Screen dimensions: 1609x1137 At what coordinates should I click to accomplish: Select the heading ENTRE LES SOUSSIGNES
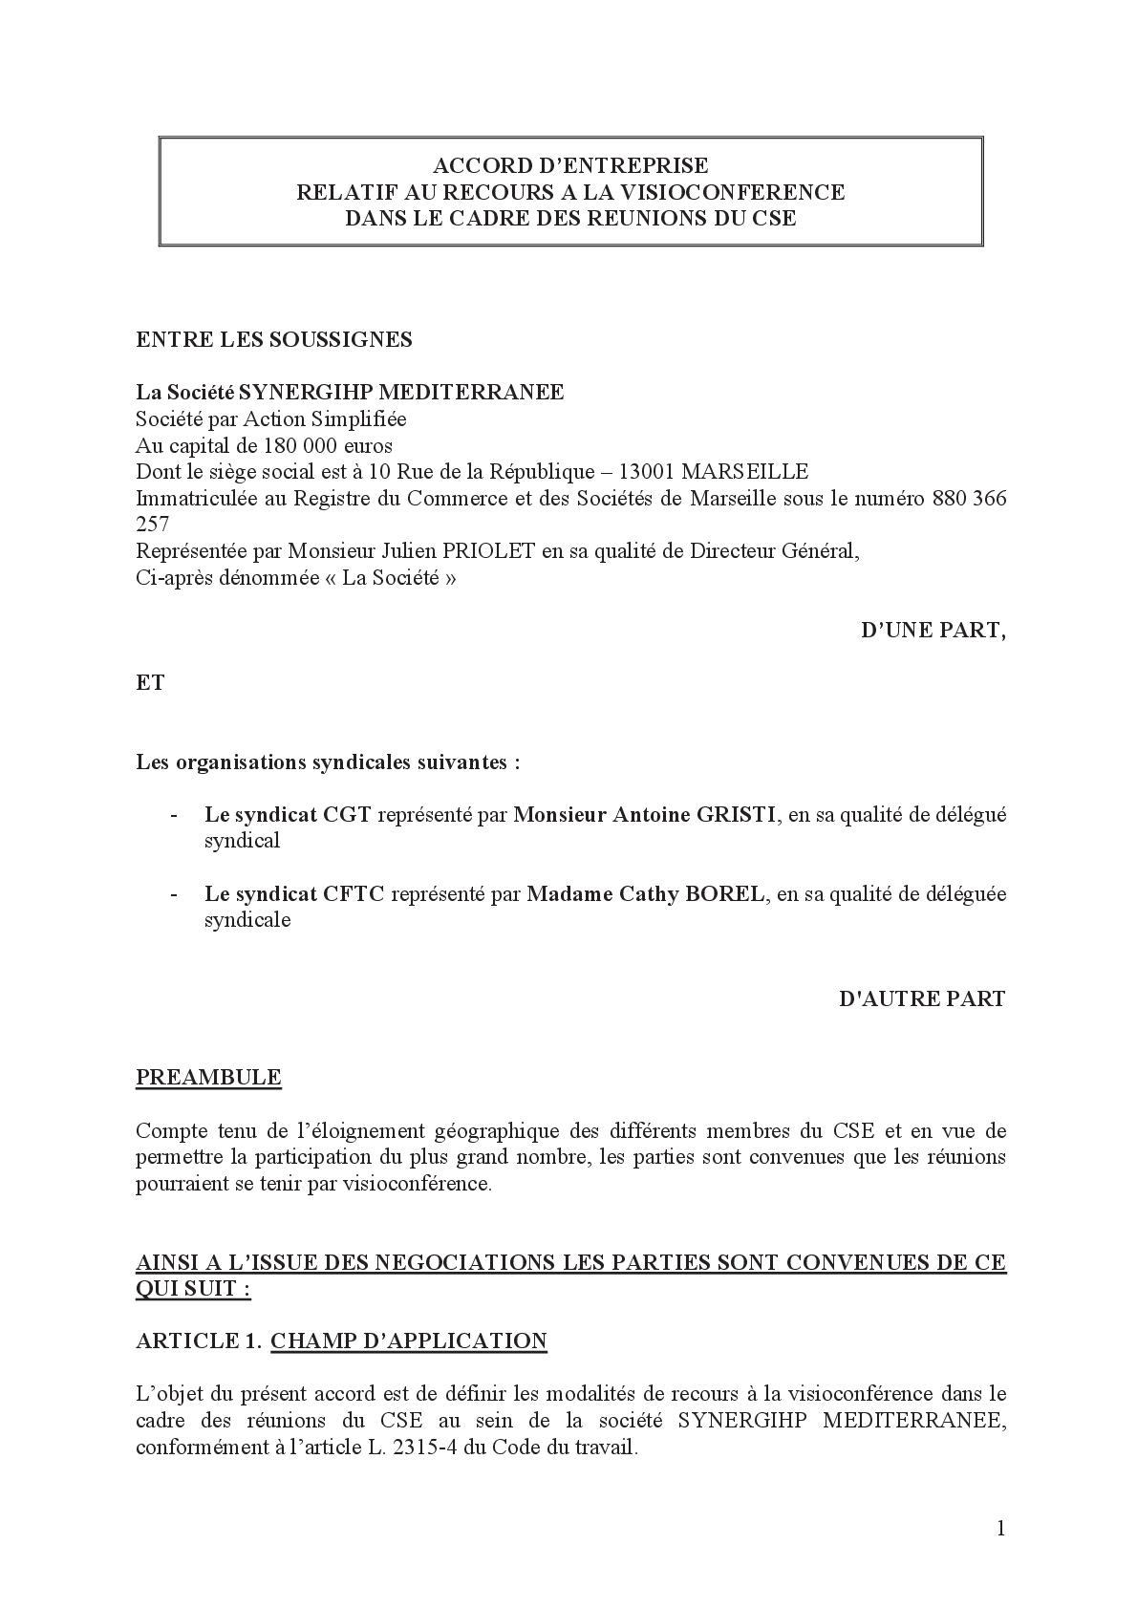point(274,339)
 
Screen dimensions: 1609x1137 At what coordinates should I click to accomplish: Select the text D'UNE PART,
point(933,631)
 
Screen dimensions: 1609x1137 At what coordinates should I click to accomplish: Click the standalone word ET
point(150,683)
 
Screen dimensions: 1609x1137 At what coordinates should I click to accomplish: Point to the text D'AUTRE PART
point(922,998)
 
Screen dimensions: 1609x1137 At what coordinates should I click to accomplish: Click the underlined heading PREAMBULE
point(208,1078)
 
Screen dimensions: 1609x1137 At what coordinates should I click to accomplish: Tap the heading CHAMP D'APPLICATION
point(409,1341)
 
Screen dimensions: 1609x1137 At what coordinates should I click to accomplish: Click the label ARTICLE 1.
point(199,1341)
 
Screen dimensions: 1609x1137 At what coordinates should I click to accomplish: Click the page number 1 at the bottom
point(1000,1529)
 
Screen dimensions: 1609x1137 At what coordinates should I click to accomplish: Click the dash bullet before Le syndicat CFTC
point(173,894)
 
